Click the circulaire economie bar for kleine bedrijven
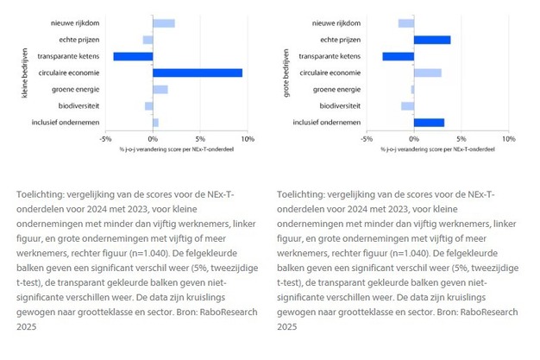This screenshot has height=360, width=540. (x=198, y=73)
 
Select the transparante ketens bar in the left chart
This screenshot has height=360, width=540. (x=133, y=56)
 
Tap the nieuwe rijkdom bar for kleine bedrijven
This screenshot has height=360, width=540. (x=164, y=22)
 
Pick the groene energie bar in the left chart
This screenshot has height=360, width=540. (x=160, y=89)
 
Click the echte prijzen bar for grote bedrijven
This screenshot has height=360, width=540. (x=432, y=39)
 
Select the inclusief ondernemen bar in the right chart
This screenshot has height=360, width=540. (x=429, y=123)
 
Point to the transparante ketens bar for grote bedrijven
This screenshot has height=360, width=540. (x=398, y=56)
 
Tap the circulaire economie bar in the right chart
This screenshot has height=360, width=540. (x=427, y=73)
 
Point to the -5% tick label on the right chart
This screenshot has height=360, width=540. (x=366, y=138)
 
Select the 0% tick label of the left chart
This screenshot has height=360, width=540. (x=154, y=138)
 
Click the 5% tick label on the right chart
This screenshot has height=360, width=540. (x=461, y=138)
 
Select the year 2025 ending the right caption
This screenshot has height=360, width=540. (x=286, y=328)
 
